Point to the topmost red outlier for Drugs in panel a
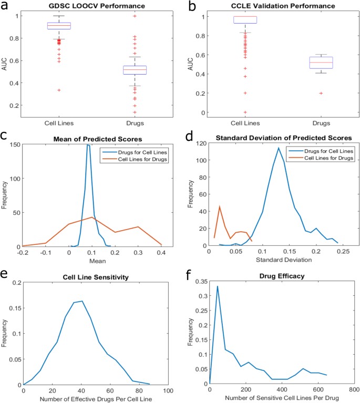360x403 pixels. tap(135, 16)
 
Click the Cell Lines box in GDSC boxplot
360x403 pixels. tap(59, 26)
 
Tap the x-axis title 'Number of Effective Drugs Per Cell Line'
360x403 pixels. tap(95, 399)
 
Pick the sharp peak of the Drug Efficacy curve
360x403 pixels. tap(217, 286)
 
